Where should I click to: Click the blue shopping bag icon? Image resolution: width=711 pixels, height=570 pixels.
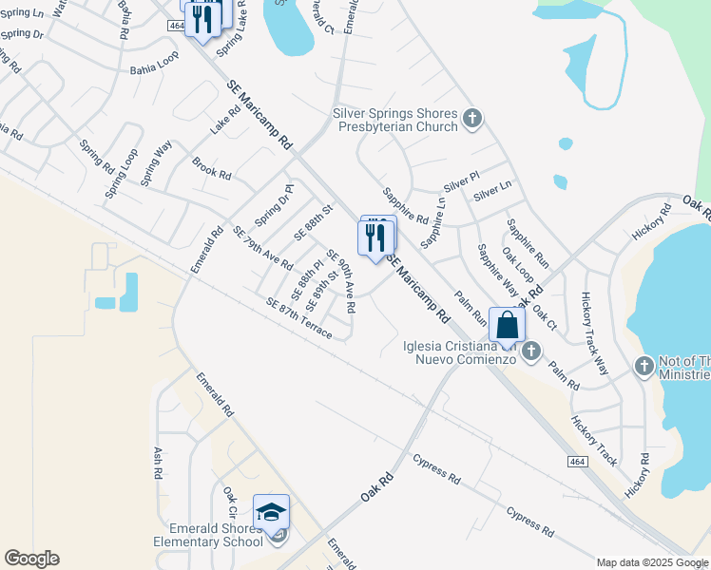coord(509,325)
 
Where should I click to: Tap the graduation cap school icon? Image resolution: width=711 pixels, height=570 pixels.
coord(271,513)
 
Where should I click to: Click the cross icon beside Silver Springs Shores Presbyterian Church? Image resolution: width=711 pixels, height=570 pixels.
coord(472,120)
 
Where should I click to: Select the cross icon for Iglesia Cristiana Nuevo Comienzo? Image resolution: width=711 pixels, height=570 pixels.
coord(530,351)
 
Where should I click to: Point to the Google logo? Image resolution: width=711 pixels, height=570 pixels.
coord(31,559)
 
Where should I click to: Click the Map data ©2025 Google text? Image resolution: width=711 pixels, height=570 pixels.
coord(652,562)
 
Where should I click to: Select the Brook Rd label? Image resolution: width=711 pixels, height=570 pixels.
coord(212,169)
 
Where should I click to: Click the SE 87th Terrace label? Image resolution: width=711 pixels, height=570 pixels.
coord(298,318)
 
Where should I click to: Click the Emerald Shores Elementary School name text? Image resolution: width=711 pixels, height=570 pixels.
coord(208,535)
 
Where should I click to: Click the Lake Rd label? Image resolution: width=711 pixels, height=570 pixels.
coord(226,120)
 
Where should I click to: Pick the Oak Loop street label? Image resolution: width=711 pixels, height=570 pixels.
coord(516,271)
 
